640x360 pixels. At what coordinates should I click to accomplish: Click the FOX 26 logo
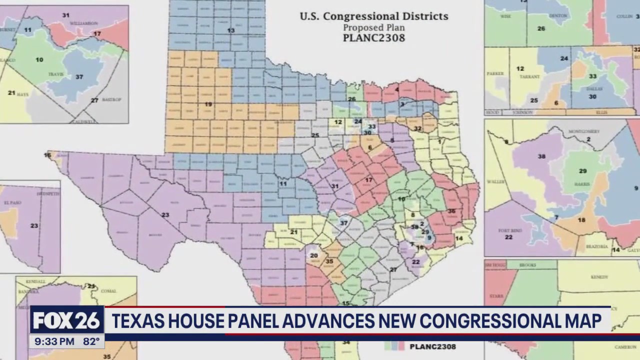click(x=67, y=320)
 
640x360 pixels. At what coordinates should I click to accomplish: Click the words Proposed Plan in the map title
click(x=373, y=27)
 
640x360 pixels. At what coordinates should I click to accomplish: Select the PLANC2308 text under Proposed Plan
click(x=373, y=38)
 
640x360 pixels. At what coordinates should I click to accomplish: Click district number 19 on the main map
click(x=208, y=104)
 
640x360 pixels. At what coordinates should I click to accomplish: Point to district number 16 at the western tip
click(x=47, y=155)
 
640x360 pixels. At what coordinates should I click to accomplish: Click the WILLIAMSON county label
click(x=83, y=23)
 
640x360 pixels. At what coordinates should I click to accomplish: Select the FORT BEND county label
click(x=508, y=230)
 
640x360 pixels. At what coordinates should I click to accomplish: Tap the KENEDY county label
click(x=599, y=277)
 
